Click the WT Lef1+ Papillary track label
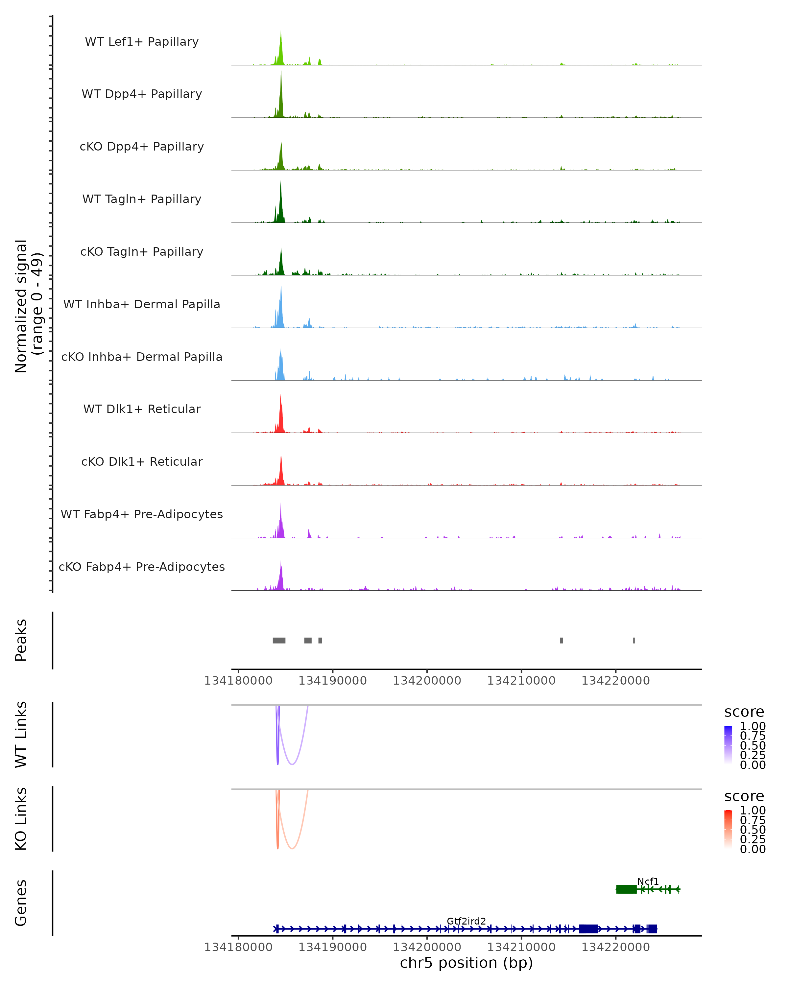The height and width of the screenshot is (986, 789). tap(142, 42)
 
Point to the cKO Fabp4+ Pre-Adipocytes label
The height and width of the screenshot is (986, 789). tap(142, 567)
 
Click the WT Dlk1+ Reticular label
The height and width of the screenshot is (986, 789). tap(142, 409)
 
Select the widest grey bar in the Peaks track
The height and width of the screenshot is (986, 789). tap(279, 640)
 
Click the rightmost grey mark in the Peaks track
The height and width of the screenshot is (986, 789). tap(634, 640)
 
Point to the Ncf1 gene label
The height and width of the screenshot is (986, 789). tap(648, 881)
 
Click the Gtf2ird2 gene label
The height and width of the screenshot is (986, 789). tap(466, 921)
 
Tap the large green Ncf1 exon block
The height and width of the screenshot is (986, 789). tap(626, 889)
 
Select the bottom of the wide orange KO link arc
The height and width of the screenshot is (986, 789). tap(292, 848)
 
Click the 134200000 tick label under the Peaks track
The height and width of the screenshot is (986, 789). tap(427, 681)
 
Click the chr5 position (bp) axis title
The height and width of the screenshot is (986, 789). tap(466, 963)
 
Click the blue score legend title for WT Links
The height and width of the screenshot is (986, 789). tap(744, 712)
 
